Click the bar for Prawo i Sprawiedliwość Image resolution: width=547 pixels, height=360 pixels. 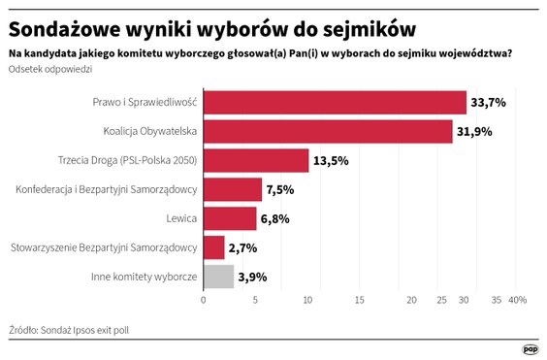335,102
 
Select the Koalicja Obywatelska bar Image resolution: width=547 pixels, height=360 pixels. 328,131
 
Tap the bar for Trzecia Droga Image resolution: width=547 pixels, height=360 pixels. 256,160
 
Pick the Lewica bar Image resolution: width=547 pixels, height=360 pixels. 230,218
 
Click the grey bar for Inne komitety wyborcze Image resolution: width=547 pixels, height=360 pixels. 218,277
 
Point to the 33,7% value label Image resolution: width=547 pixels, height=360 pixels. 489,102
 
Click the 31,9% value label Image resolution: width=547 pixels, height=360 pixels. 475,131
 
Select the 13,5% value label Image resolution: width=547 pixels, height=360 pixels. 331,160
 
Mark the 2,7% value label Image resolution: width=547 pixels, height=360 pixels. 243,248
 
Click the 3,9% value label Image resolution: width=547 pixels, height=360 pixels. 253,278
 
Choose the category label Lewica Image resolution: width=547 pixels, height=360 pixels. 180,218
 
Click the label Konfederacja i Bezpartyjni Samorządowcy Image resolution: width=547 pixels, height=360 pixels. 108,189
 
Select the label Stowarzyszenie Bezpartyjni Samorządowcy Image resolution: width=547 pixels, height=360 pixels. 104,248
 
